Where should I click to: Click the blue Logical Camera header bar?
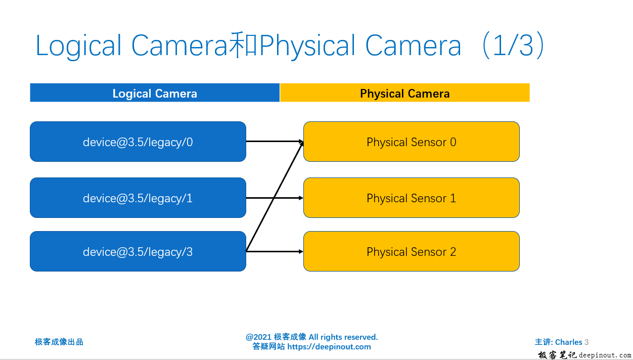[x=155, y=93]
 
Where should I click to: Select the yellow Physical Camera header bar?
[x=404, y=93]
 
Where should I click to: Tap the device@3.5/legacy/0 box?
[x=138, y=142]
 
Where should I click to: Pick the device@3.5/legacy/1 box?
[x=138, y=198]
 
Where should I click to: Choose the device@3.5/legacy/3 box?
[x=138, y=251]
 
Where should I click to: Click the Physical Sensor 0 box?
[x=411, y=142]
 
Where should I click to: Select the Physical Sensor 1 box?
[x=411, y=198]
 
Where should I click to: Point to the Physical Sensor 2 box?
[x=411, y=251]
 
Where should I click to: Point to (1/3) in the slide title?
[x=513, y=46]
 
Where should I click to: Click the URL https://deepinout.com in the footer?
[x=329, y=347]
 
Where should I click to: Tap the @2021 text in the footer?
[x=258, y=337]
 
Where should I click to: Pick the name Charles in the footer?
[x=568, y=342]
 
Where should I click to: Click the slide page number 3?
[x=586, y=342]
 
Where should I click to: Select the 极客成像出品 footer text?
[x=59, y=342]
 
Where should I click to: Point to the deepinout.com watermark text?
[x=605, y=355]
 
